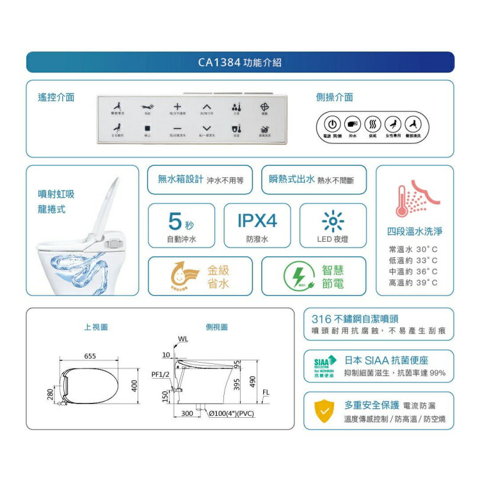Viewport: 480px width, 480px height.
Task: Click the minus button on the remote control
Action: [x=177, y=127]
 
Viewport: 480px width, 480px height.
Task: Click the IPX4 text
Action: [x=257, y=221]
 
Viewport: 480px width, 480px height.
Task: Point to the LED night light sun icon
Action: [x=332, y=222]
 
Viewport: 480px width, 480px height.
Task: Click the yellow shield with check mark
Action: [x=324, y=411]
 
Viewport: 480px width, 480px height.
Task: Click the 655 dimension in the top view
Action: [x=90, y=356]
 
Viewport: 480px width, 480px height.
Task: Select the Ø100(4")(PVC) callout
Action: [x=232, y=414]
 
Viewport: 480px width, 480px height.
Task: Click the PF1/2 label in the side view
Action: [x=160, y=374]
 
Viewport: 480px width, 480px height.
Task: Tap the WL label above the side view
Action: [x=183, y=339]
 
